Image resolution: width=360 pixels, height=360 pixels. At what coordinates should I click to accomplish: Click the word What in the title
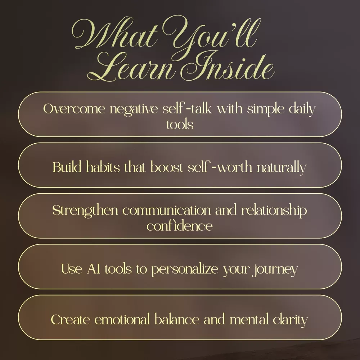tap(115, 35)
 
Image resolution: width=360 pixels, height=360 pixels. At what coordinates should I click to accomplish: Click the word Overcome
tap(74, 109)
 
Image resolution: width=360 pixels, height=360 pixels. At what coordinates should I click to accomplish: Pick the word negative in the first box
tap(134, 109)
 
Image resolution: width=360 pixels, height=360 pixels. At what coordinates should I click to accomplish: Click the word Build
tap(67, 167)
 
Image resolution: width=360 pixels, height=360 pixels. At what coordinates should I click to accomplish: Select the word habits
tap(103, 167)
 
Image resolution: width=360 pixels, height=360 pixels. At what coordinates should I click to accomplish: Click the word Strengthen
tap(85, 211)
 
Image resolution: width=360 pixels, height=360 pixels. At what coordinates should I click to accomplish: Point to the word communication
tap(166, 210)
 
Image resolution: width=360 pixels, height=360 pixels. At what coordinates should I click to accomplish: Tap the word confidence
tap(180, 226)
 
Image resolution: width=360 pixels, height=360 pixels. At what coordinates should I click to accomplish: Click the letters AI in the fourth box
tap(94, 269)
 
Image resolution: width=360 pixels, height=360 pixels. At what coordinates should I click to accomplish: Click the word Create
tap(71, 320)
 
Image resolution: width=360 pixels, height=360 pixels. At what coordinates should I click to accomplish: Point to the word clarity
tap(290, 320)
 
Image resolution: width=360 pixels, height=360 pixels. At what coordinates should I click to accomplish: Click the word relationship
tap(274, 211)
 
